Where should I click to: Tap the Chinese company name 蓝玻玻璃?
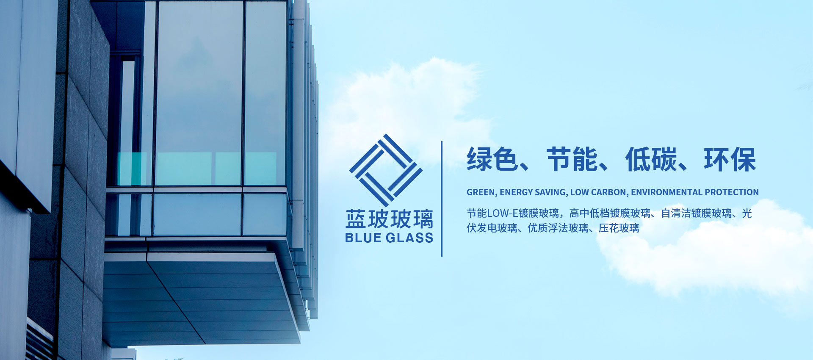point(389,219)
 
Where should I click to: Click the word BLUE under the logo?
point(363,238)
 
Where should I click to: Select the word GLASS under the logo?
point(410,238)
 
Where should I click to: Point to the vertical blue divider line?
point(442,199)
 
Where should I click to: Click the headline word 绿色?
point(492,160)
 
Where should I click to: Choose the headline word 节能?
point(572,160)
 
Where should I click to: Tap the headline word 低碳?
point(651,160)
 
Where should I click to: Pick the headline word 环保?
point(730,160)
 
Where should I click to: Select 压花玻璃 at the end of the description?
point(619,228)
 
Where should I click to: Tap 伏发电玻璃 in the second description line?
point(492,228)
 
